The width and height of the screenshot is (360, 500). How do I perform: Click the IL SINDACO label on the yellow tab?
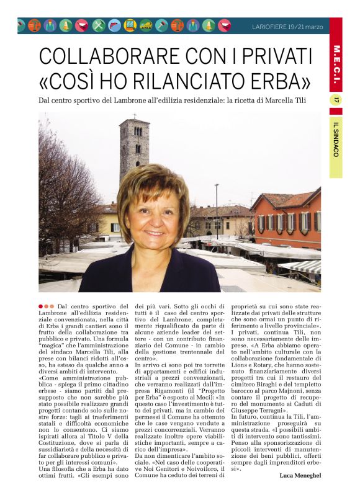tap(336, 139)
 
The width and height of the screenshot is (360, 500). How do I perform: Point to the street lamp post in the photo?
tap(217, 211)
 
